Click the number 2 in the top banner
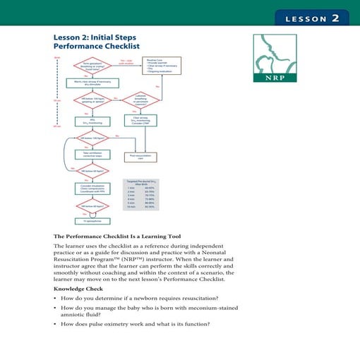point(335,18)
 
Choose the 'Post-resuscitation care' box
point(140,157)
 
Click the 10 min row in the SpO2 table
point(140,207)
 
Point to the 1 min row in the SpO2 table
point(140,188)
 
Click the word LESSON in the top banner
point(306,19)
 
